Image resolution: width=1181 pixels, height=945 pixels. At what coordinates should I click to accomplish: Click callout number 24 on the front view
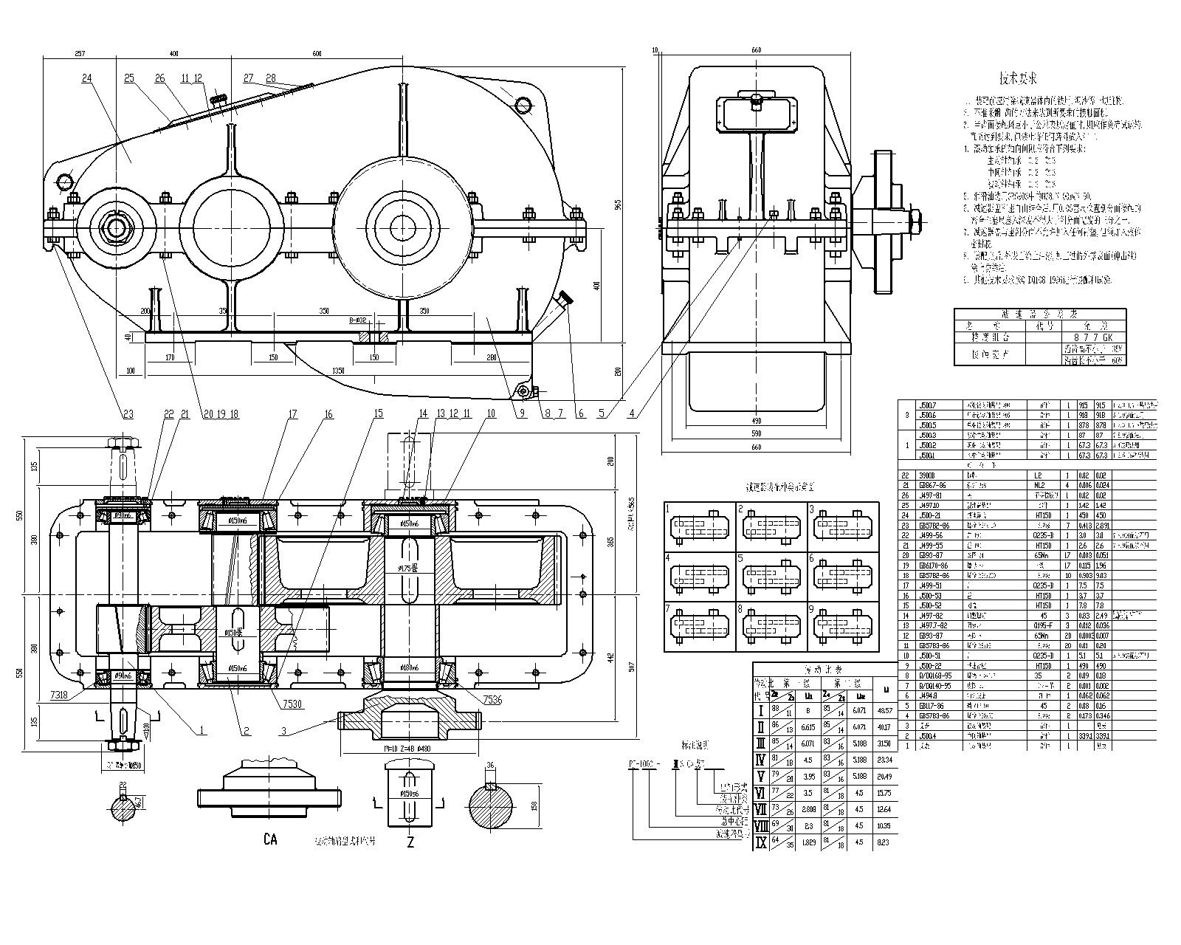click(87, 78)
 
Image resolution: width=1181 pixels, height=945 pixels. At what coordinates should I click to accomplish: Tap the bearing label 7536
click(492, 700)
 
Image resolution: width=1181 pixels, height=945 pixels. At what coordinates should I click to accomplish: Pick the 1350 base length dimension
click(338, 370)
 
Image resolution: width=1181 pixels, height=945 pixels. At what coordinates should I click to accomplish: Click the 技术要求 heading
click(1018, 78)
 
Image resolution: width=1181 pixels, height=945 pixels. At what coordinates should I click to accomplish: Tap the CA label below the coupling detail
click(270, 839)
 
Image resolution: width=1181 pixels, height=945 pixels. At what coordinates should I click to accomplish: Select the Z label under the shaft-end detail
click(410, 842)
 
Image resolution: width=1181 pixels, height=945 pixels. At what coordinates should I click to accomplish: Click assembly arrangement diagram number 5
click(740, 559)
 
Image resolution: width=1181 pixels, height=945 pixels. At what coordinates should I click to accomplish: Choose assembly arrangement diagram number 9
click(811, 609)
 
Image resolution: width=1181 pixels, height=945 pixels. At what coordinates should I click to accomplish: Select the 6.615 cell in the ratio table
click(808, 727)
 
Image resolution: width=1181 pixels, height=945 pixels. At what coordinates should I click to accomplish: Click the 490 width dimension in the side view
click(756, 421)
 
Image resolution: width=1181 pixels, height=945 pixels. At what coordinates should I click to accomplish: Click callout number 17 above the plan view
click(292, 415)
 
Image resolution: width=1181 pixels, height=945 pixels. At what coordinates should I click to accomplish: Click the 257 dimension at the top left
click(80, 54)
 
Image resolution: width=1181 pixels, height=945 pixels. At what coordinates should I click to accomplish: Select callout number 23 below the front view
click(129, 415)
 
